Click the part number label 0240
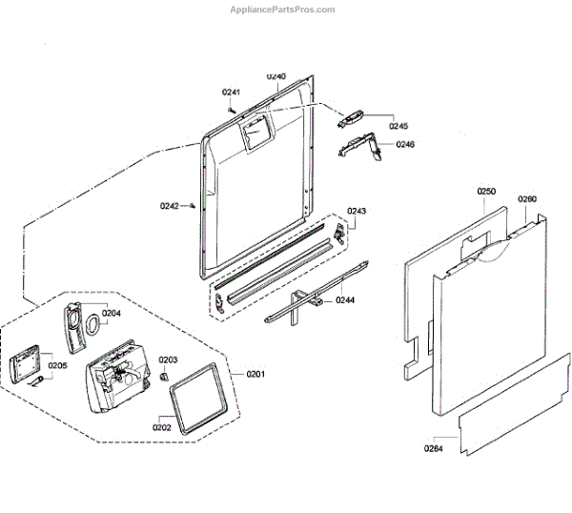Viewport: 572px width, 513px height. point(276,75)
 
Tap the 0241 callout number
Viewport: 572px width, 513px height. point(232,92)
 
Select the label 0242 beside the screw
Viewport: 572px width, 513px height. point(170,206)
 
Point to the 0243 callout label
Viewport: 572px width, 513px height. point(357,211)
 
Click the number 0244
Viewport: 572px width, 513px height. point(345,300)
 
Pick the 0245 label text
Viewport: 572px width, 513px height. point(398,126)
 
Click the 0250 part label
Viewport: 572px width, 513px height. point(486,192)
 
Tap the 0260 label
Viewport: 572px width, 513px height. point(527,199)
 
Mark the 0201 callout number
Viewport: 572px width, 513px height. point(255,373)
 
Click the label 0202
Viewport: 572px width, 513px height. point(161,427)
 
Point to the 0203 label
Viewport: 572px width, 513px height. point(168,359)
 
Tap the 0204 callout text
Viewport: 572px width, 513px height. point(112,313)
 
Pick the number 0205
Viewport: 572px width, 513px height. point(57,364)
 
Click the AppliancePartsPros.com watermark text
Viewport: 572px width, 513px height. point(283,9)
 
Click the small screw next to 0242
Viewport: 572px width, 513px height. point(193,204)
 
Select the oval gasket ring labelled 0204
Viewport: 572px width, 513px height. point(92,326)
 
